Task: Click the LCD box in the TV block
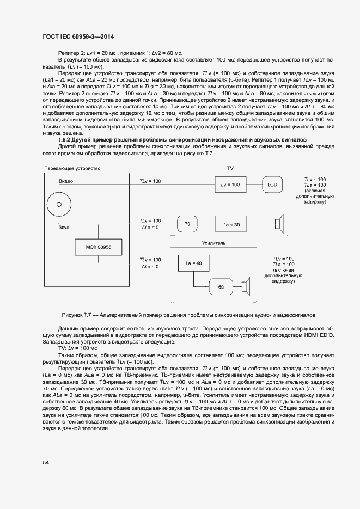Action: (x=272, y=185)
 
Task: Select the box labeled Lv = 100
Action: (x=230, y=185)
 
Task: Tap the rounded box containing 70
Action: (x=187, y=224)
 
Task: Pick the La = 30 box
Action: (x=230, y=224)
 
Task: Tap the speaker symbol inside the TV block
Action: (x=279, y=224)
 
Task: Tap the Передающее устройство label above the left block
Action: (x=72, y=169)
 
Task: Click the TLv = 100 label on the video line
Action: (x=150, y=181)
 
